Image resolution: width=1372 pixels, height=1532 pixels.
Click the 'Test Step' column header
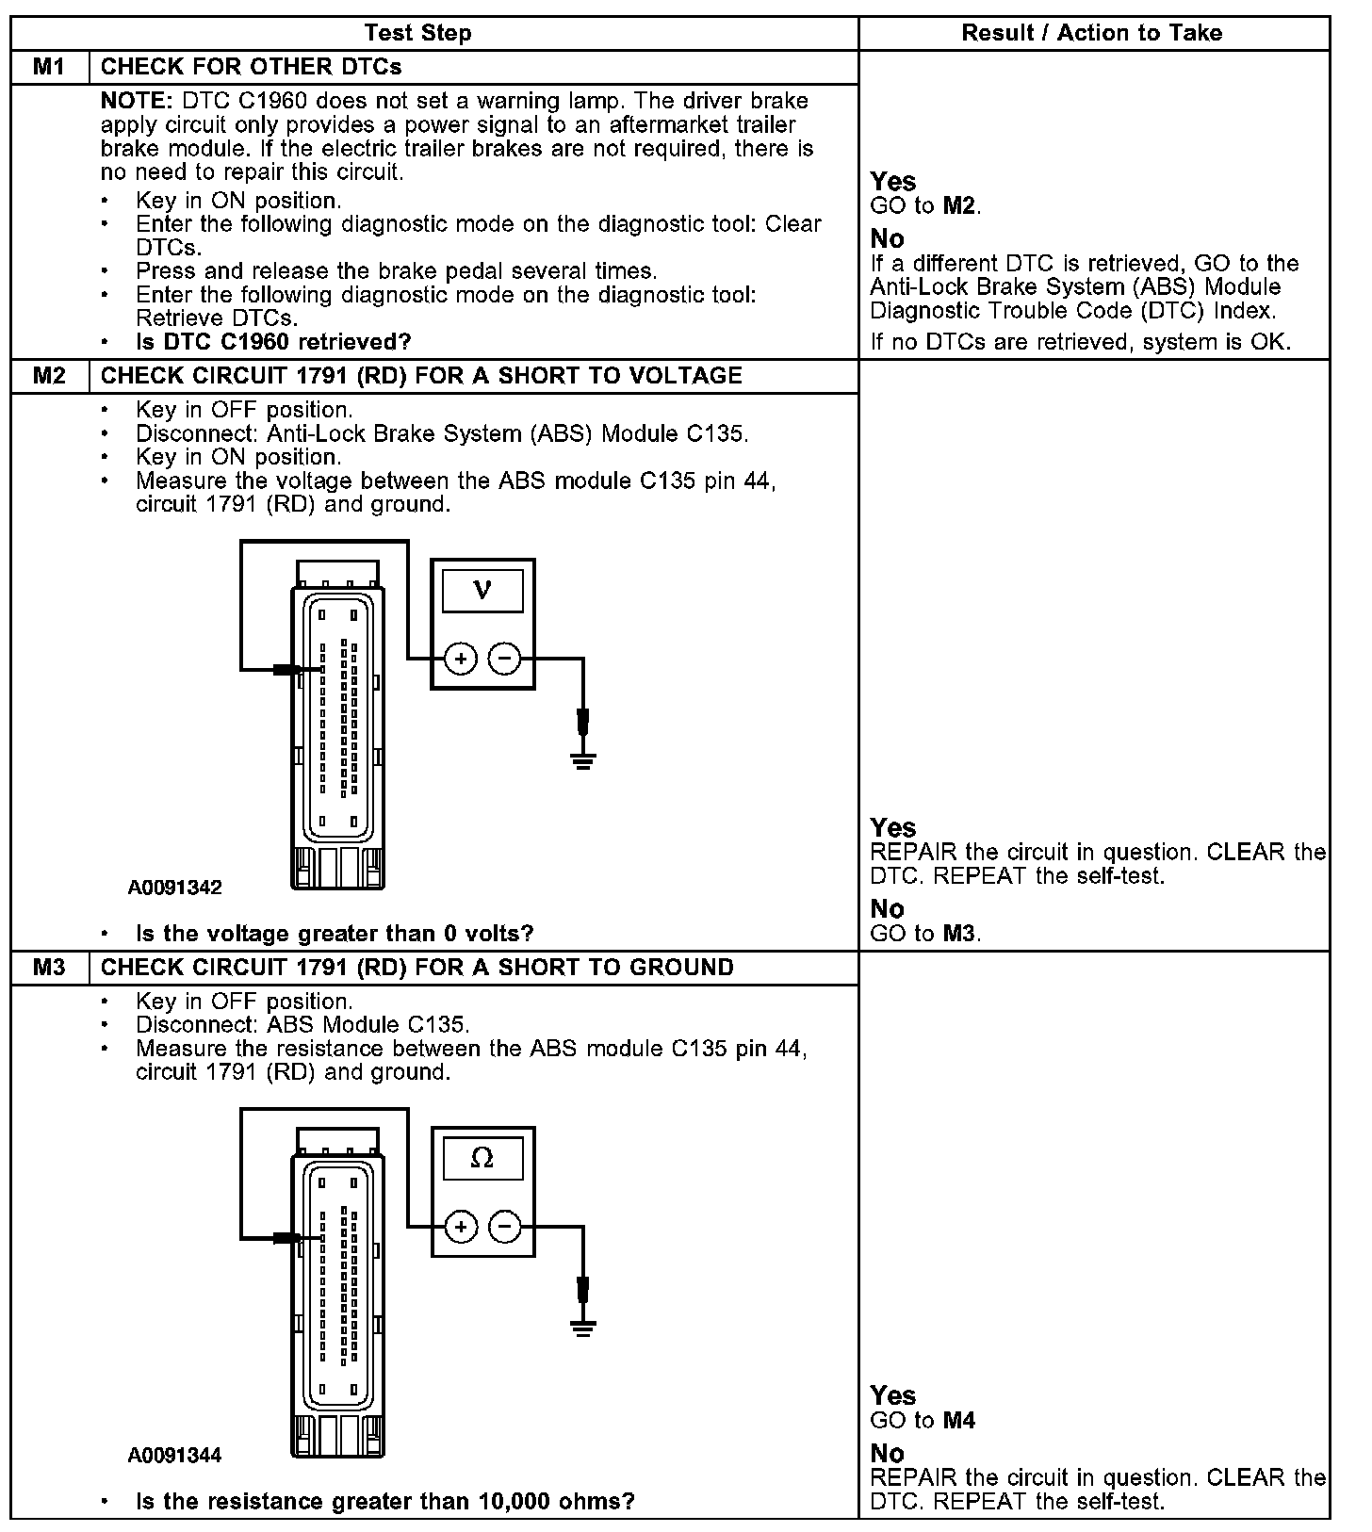417,33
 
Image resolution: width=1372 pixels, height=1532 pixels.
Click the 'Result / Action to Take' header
1091,33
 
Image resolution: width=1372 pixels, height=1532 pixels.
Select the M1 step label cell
50,67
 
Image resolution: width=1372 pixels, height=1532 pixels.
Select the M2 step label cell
50,375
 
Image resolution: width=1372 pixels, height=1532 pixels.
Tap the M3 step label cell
50,967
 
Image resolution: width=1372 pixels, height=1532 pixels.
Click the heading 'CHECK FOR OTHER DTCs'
251,67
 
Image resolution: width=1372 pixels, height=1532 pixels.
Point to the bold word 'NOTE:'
137,101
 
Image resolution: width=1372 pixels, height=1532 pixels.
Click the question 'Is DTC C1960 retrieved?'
273,341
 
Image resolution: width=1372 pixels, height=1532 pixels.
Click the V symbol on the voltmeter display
482,590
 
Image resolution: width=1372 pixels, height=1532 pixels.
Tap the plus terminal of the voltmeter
461,659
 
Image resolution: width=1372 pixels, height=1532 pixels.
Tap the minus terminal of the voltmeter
506,659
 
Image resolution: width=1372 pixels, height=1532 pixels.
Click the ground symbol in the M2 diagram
583,760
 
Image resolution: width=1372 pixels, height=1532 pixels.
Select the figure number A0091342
175,888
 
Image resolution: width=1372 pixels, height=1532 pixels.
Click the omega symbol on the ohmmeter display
482,1158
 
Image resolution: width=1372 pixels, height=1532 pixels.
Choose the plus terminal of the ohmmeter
461,1227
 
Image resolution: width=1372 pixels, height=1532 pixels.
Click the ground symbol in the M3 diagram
583,1328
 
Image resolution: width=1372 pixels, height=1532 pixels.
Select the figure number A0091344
175,1455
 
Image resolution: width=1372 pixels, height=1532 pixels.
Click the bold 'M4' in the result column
959,1420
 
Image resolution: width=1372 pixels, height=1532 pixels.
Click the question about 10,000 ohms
384,1501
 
